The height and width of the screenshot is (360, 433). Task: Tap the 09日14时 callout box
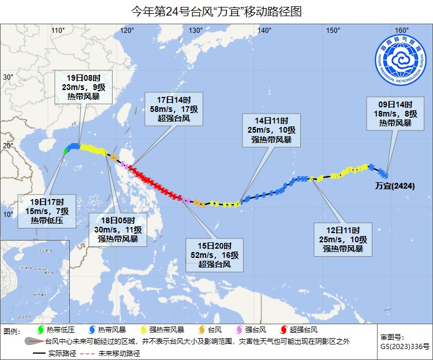[x=395, y=114]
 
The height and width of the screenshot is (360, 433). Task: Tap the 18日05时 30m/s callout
[x=118, y=229]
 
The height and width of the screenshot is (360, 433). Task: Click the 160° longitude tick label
[x=402, y=31]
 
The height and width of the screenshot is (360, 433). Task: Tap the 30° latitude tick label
[x=8, y=77]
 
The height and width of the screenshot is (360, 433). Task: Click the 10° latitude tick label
[x=8, y=215]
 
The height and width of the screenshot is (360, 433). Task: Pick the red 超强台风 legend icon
[x=283, y=331]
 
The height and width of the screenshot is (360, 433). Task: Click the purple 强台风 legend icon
[x=240, y=331]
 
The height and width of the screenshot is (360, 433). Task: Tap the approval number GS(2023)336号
[x=405, y=346]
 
